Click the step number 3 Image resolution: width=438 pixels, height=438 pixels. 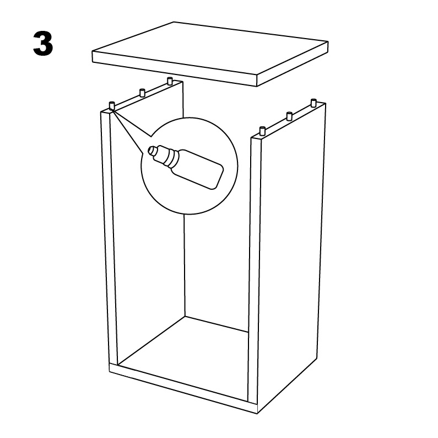(x=43, y=44)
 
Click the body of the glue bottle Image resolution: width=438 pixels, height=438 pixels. (x=198, y=169)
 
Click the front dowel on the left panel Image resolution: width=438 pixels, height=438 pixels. (x=112, y=105)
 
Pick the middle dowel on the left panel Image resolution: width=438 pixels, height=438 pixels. (x=142, y=92)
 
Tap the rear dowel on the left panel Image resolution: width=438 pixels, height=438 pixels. (x=169, y=81)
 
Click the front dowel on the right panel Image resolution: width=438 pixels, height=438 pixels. (x=262, y=130)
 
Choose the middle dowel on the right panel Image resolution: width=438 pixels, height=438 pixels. (x=289, y=115)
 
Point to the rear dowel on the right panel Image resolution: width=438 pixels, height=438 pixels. (x=313, y=103)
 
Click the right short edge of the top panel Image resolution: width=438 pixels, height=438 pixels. (x=293, y=64)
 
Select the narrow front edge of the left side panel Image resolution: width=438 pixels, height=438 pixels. (x=109, y=238)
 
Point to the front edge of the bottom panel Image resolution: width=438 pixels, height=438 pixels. (x=183, y=389)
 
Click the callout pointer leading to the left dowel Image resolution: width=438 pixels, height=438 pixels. (x=131, y=131)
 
